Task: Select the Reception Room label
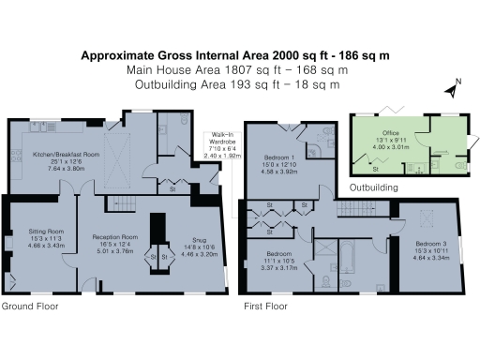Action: point(116,237)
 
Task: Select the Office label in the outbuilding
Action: point(391,133)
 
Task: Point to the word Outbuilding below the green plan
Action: point(374,187)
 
